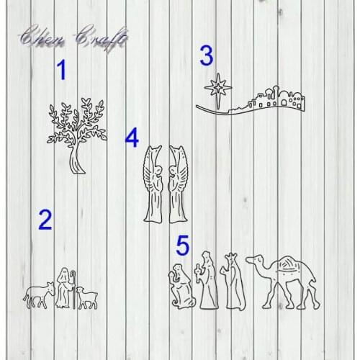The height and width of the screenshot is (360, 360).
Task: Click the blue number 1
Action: click(x=61, y=71)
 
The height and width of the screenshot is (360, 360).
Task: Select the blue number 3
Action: click(x=207, y=55)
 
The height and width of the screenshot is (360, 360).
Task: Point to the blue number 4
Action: click(x=131, y=138)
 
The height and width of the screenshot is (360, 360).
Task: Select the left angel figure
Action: click(x=153, y=184)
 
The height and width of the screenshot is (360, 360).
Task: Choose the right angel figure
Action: click(x=177, y=184)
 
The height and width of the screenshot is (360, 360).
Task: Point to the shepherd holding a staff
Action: click(x=64, y=288)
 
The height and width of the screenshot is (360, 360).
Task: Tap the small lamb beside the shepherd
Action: click(x=87, y=297)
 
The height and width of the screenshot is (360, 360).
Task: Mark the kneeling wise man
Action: click(x=181, y=287)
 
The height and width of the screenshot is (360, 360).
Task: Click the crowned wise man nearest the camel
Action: click(x=232, y=282)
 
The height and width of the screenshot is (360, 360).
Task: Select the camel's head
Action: click(x=253, y=261)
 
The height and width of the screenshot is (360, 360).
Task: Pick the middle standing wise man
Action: click(x=208, y=281)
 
